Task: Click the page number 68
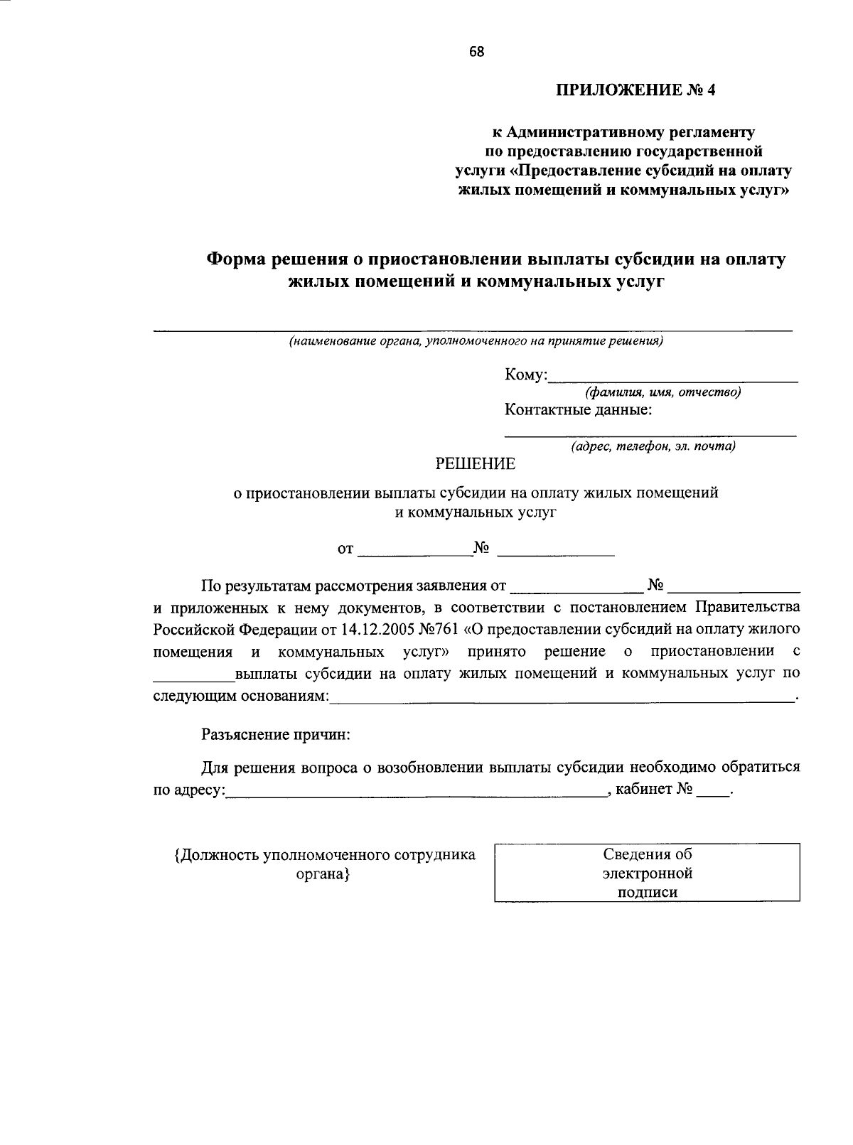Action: [476, 51]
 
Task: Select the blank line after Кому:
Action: [673, 376]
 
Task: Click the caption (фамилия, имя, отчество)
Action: [662, 392]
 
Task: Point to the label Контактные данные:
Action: [578, 410]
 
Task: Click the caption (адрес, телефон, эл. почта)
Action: [653, 446]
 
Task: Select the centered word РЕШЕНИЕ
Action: [475, 465]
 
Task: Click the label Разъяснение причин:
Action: [276, 735]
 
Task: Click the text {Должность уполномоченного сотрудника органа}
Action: [325, 864]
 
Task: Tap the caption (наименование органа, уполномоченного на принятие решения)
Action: [475, 342]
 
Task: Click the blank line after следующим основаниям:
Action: [562, 697]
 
